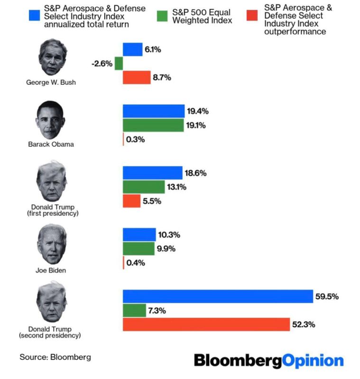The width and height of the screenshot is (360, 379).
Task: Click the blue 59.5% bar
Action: [x=218, y=296]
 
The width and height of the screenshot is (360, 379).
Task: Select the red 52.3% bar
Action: [x=206, y=325]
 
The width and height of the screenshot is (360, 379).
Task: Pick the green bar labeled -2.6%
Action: [x=119, y=63]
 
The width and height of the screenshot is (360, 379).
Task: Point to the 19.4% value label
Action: [x=198, y=111]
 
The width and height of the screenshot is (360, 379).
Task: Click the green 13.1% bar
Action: [x=144, y=187]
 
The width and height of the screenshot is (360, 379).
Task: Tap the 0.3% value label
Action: [x=136, y=139]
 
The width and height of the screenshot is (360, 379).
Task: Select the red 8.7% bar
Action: [x=137, y=78]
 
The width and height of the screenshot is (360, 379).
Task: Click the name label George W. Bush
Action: [x=51, y=82]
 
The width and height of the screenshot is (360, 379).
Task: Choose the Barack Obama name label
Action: [x=51, y=144]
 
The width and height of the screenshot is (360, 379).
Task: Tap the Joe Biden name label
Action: [x=51, y=271]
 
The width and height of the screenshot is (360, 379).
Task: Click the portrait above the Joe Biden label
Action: [x=51, y=244]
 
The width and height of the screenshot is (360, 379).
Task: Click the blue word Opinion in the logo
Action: [x=313, y=361]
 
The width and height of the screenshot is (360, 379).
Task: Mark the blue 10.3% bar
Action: [x=139, y=235]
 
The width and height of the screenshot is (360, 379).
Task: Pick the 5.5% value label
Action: [x=152, y=201]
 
